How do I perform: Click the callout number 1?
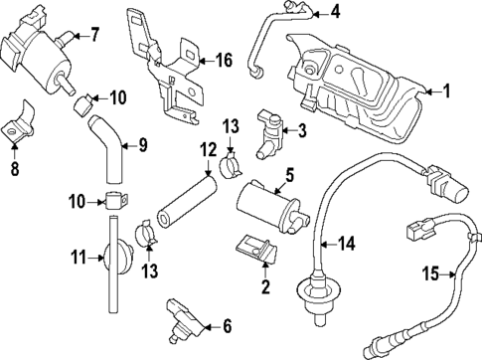[446, 92]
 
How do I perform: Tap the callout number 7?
[95, 37]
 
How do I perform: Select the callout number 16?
[224, 61]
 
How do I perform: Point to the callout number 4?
[335, 12]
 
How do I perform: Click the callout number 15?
[431, 271]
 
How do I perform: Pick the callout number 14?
[347, 242]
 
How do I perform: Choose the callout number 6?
[227, 324]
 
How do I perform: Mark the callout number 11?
[80, 259]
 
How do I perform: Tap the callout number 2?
[265, 287]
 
